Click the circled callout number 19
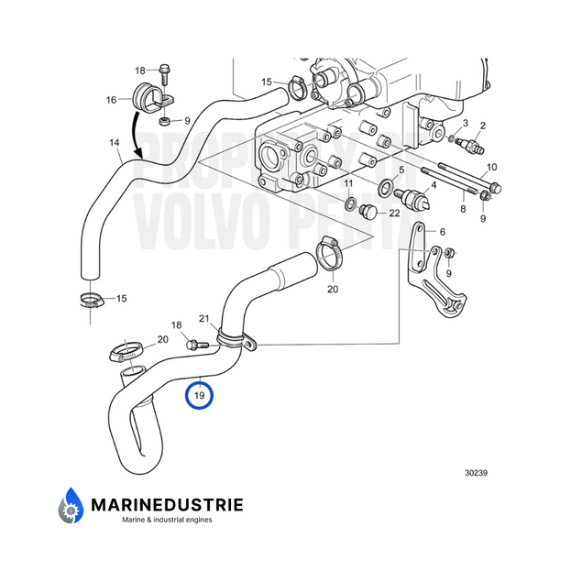tap(199, 396)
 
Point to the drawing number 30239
tap(478, 473)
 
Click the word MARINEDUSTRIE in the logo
tap(166, 503)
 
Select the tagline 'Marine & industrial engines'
tap(167, 520)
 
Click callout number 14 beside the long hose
tap(114, 143)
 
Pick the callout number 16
tap(111, 99)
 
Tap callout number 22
tap(394, 214)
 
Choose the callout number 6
tap(443, 232)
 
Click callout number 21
tap(205, 319)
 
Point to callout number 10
tap(492, 167)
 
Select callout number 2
tap(482, 125)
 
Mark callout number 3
tap(465, 123)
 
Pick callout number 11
tap(348, 184)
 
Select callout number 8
tap(463, 210)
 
